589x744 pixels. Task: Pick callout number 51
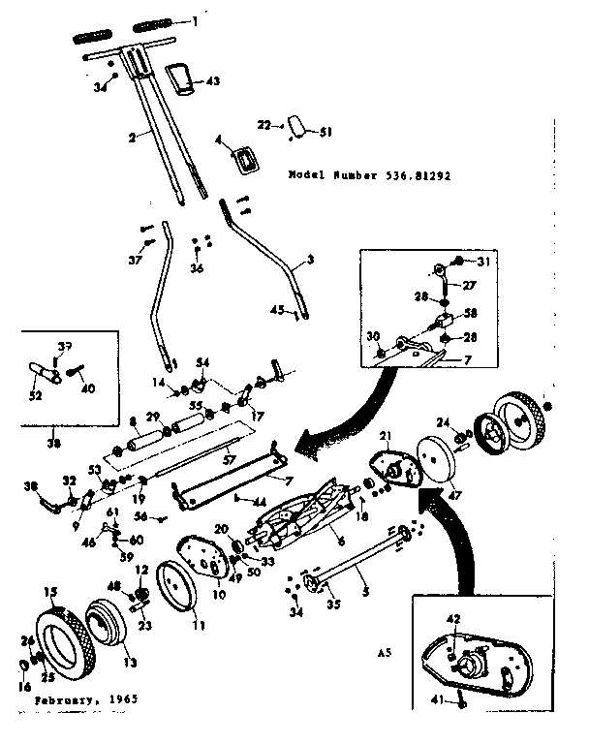tap(325, 132)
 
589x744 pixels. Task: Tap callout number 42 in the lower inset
tap(451, 617)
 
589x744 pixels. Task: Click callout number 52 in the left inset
tap(36, 395)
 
